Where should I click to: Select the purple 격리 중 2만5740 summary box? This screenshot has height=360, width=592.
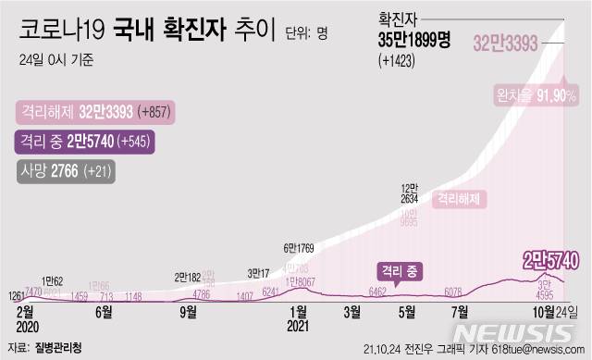(x=84, y=142)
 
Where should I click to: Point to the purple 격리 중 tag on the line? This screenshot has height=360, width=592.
(x=397, y=270)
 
